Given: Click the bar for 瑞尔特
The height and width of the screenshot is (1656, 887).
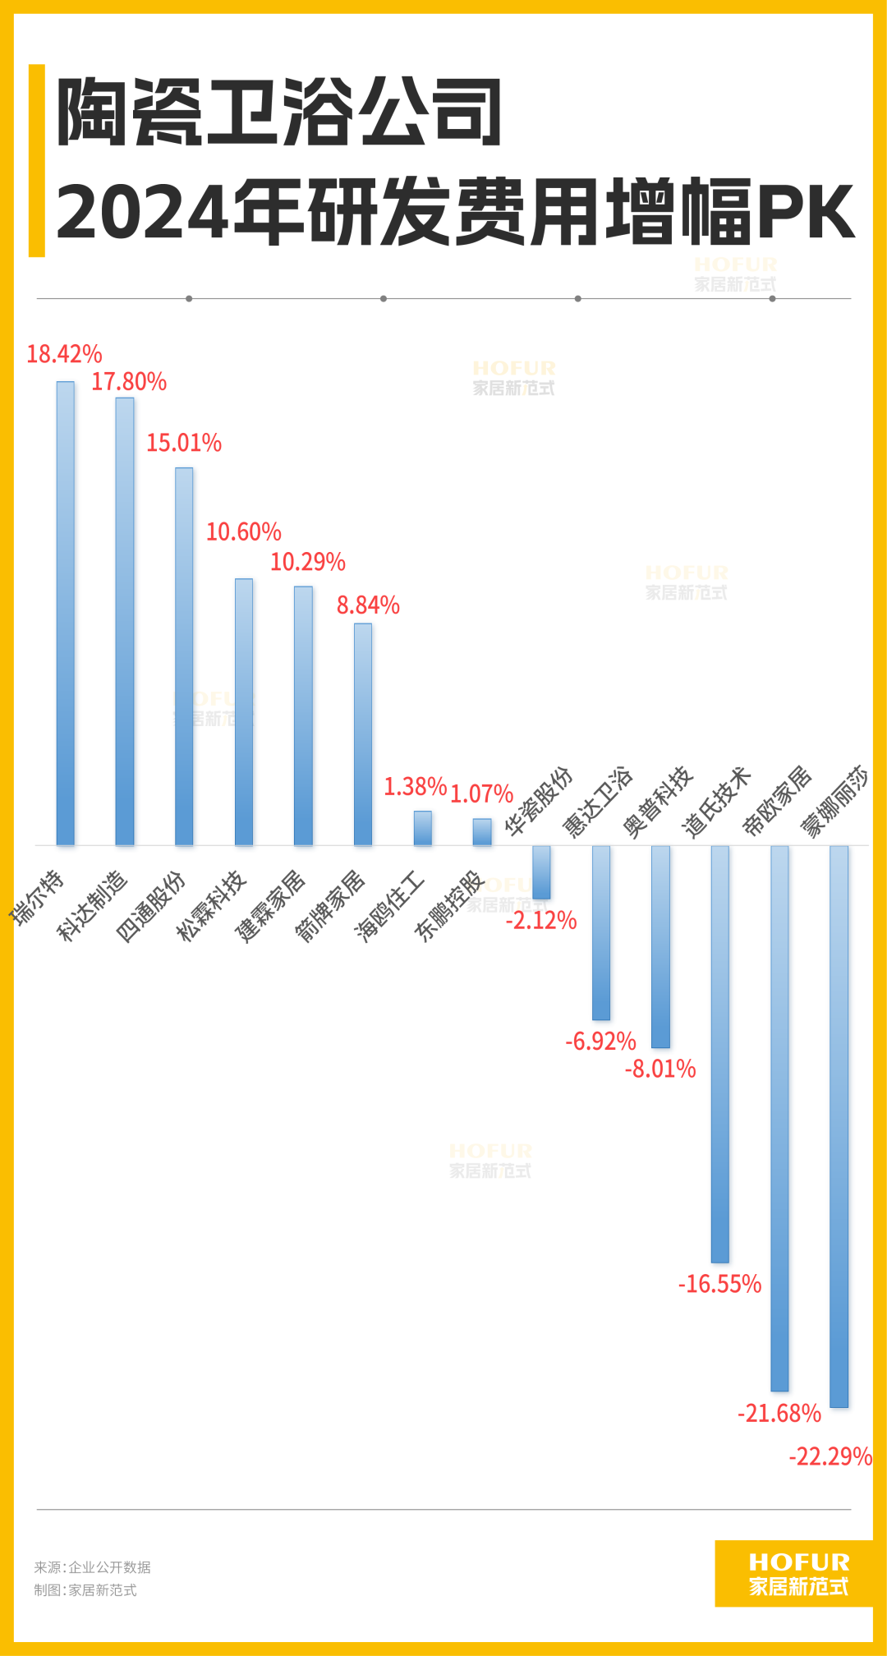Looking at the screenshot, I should click(66, 613).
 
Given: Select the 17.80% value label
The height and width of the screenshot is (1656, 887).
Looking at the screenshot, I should click(129, 382).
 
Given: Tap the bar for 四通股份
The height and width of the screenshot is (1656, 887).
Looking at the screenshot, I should click(184, 656).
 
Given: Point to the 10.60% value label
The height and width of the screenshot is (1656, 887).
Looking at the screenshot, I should click(243, 532).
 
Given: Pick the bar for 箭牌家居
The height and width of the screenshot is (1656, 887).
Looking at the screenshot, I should click(363, 734).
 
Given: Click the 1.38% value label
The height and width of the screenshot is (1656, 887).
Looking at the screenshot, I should click(416, 787).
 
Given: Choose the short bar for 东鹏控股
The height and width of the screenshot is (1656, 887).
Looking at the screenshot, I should click(482, 831).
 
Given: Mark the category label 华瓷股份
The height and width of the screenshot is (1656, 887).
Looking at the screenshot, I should click(539, 802).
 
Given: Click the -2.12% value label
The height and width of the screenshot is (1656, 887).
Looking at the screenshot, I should click(541, 921).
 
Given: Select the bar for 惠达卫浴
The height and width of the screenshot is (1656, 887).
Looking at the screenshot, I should click(601, 932).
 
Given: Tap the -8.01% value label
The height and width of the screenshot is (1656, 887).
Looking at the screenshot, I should click(660, 1069).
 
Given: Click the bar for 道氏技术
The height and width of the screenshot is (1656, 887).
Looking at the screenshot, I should click(720, 1054).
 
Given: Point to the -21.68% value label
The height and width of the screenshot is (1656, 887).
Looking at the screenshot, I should click(779, 1414).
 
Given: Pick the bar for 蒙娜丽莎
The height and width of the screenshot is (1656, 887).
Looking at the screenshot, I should click(839, 1126).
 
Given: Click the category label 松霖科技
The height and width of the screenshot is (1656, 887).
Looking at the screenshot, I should click(211, 905).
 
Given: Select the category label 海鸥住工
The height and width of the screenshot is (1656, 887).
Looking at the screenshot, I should click(389, 905).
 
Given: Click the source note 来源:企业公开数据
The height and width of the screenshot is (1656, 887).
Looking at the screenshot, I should click(93, 1567).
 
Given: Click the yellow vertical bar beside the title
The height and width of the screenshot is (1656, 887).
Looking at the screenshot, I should click(36, 161).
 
